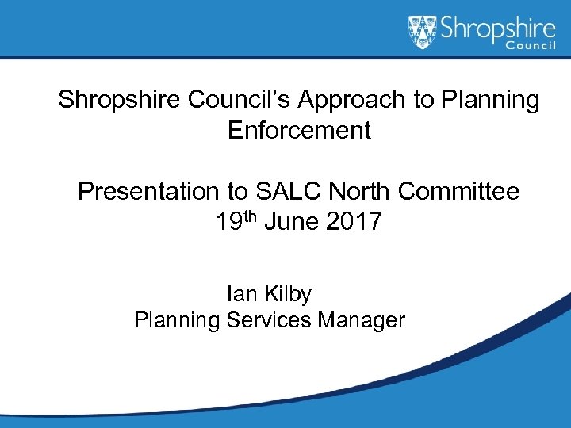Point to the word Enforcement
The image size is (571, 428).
(x=299, y=129)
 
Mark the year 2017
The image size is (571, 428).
(x=354, y=222)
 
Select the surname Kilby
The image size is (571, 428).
(x=288, y=294)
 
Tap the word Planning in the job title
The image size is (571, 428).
(x=177, y=320)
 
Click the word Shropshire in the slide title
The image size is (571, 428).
(x=120, y=101)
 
